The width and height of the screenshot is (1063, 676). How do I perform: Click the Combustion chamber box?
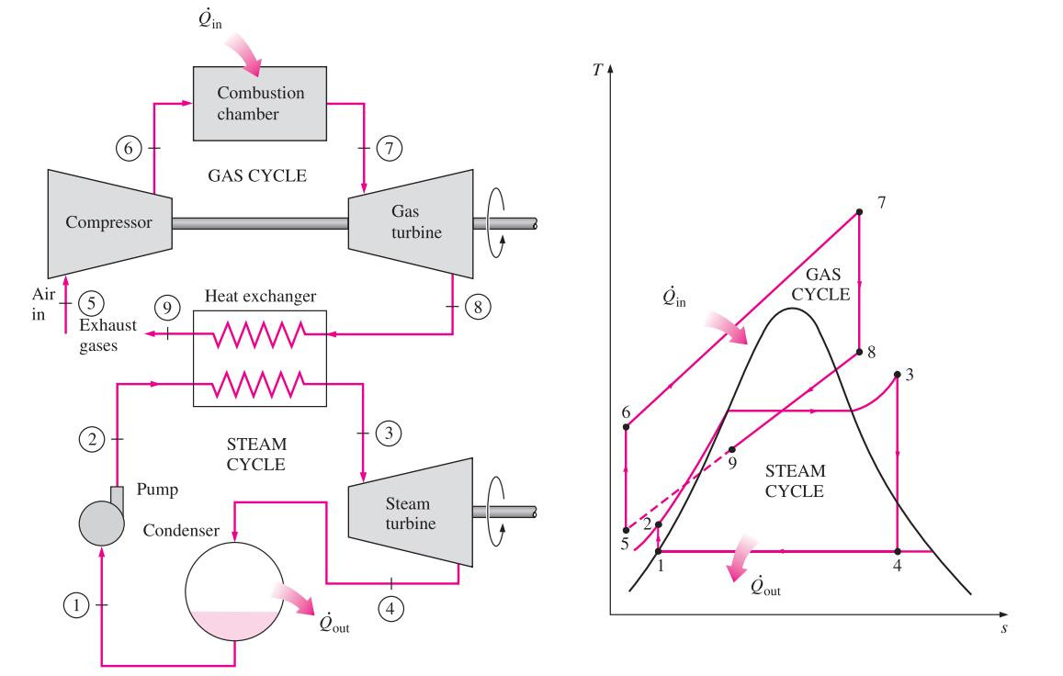pyautogui.click(x=260, y=104)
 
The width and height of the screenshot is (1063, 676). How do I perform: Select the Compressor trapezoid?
pyautogui.click(x=110, y=223)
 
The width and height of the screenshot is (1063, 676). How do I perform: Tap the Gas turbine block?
pyautogui.click(x=411, y=223)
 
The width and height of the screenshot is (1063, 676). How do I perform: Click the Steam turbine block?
pyautogui.click(x=411, y=513)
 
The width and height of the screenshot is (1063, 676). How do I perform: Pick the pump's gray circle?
pyautogui.click(x=102, y=523)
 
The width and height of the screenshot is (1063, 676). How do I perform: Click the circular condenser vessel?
pyautogui.click(x=234, y=591)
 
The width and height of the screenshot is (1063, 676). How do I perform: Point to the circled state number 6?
pyautogui.click(x=129, y=148)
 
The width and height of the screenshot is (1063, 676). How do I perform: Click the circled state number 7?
pyautogui.click(x=390, y=148)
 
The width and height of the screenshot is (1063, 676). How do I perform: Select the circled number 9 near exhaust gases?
pyautogui.click(x=167, y=307)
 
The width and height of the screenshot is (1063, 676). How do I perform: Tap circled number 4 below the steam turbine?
pyautogui.click(x=390, y=608)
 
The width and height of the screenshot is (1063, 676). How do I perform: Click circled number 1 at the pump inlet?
pyautogui.click(x=76, y=604)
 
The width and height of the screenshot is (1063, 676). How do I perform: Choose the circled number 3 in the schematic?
pyautogui.click(x=389, y=433)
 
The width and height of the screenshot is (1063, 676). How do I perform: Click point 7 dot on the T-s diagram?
pyautogui.click(x=860, y=212)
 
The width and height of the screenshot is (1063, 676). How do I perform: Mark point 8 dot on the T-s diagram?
pyautogui.click(x=860, y=352)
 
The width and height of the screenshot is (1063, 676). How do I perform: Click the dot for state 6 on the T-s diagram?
pyautogui.click(x=627, y=426)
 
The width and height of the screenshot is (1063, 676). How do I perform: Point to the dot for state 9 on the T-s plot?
pyautogui.click(x=732, y=449)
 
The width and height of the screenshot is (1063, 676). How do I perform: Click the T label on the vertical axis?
pyautogui.click(x=596, y=70)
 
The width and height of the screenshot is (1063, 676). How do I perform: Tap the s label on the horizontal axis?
pyautogui.click(x=1004, y=628)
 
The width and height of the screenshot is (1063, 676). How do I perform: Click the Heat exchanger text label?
pyautogui.click(x=260, y=297)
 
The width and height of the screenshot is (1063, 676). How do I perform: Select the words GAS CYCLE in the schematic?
pyautogui.click(x=257, y=175)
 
